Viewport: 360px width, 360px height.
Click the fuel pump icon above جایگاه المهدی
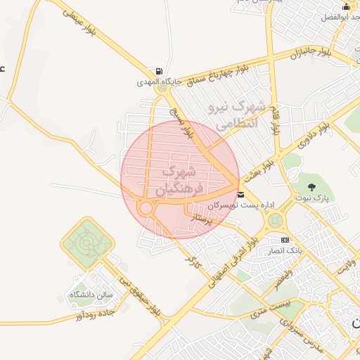point(160,72)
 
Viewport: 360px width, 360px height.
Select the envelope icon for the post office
point(241,194)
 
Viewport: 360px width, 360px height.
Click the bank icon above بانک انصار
point(285,240)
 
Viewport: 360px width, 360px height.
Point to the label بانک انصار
point(284,250)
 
